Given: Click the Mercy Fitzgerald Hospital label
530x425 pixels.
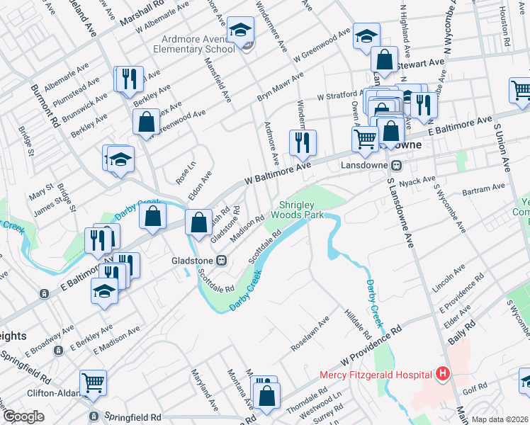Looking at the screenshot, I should tap(376, 375).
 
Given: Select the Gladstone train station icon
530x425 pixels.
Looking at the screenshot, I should tap(222, 260).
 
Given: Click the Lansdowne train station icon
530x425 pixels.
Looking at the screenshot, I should tap(397, 165).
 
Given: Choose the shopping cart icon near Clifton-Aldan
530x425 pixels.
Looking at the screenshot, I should tap(93, 383).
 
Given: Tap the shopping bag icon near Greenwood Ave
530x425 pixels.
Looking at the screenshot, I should tap(145, 122).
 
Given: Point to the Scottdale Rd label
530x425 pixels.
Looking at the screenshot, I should tap(261, 251).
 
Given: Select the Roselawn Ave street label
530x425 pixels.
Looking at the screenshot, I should tap(310, 334).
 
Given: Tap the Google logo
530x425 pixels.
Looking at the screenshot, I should tap(23, 416).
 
